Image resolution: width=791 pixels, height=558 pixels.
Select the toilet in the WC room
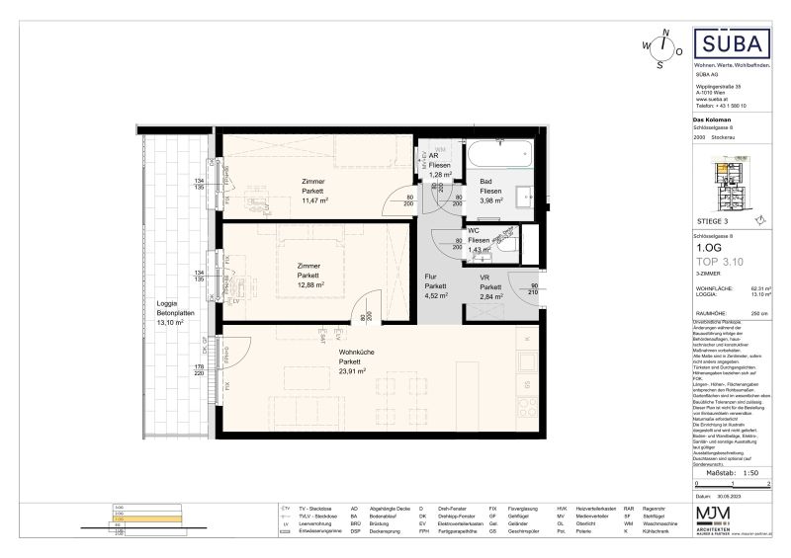[506, 239]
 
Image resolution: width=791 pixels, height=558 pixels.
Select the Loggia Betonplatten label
[165, 313]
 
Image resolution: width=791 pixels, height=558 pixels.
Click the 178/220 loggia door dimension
[199, 370]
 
